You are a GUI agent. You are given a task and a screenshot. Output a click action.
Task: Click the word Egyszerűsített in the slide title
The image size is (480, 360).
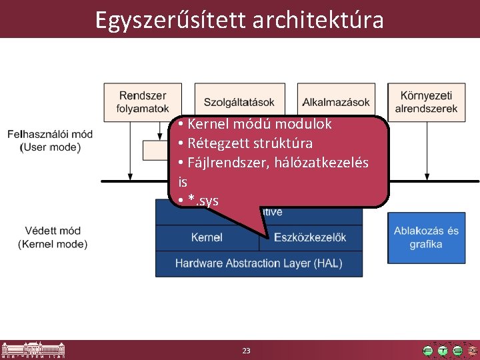(x=170, y=20)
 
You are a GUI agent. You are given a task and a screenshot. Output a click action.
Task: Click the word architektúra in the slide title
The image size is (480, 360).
(x=318, y=20)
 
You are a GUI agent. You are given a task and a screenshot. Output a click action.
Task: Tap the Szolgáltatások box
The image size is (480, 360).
(x=239, y=102)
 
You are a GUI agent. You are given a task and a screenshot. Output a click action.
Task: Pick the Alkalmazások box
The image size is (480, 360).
(x=336, y=102)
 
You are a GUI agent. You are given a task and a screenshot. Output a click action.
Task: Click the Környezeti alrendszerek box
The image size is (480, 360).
(x=426, y=102)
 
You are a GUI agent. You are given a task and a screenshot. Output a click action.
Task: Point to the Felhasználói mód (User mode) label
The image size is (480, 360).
(x=50, y=141)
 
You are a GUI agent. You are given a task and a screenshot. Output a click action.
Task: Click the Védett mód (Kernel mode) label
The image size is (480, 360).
(x=53, y=237)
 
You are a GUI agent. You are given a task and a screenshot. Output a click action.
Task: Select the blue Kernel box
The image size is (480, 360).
(x=207, y=237)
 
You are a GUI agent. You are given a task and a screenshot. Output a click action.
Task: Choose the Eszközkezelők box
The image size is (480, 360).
(x=313, y=237)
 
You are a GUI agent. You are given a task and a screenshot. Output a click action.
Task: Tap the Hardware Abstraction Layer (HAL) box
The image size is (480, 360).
(x=259, y=263)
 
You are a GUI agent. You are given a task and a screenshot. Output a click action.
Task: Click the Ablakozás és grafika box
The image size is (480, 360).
(x=426, y=237)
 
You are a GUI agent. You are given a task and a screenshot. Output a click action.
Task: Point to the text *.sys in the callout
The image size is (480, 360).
(x=203, y=201)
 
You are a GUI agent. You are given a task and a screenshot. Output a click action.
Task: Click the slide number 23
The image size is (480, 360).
(x=246, y=351)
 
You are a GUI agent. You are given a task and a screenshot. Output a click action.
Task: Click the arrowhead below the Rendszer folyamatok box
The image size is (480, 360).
(x=130, y=176)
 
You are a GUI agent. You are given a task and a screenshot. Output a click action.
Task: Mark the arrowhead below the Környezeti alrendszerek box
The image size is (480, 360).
(x=426, y=176)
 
